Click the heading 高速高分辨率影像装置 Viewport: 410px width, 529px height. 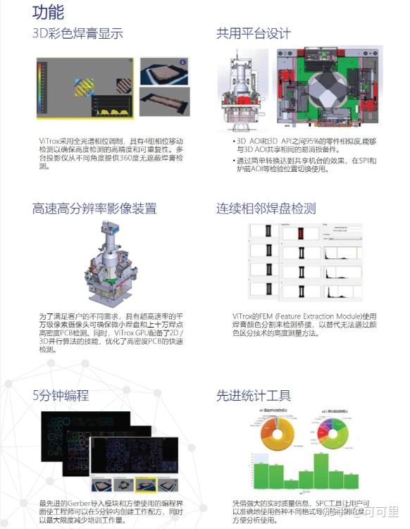pyautogui.click(x=94, y=209)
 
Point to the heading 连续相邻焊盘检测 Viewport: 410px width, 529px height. pyautogui.click(x=266, y=209)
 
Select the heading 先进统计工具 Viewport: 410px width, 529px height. pyautogui.click(x=253, y=395)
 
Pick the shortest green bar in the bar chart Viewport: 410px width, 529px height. pyautogui.click(x=290, y=483)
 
